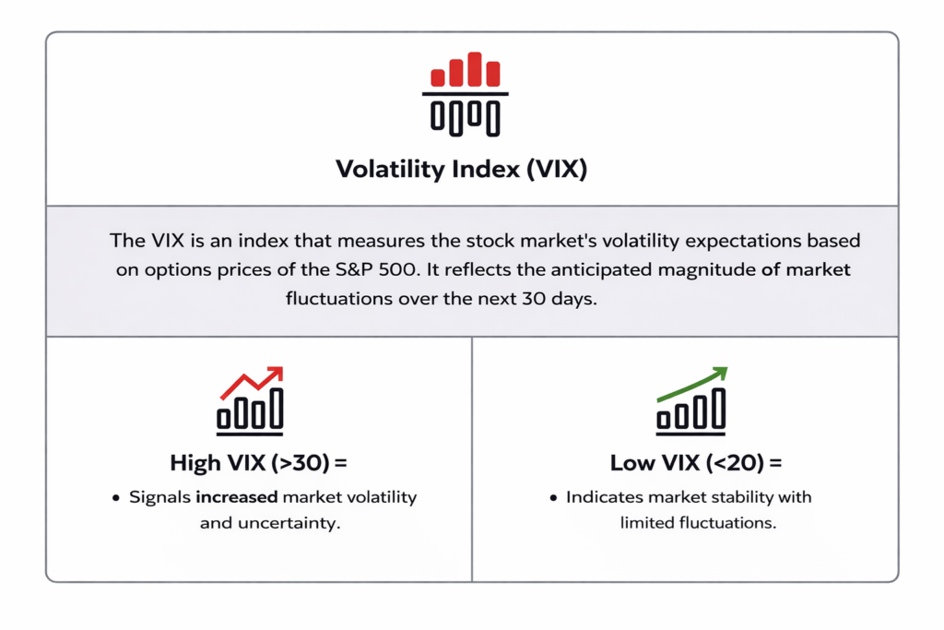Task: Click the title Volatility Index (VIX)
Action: tap(461, 170)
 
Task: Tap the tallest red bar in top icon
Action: tap(475, 68)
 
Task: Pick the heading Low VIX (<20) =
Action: tap(696, 462)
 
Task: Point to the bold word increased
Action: tap(237, 497)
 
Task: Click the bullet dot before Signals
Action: tap(116, 498)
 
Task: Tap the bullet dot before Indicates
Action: tap(553, 498)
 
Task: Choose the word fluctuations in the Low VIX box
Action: tap(725, 523)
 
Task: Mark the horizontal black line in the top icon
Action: tap(465, 93)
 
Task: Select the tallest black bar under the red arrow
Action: tap(277, 409)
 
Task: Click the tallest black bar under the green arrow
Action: tap(718, 409)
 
